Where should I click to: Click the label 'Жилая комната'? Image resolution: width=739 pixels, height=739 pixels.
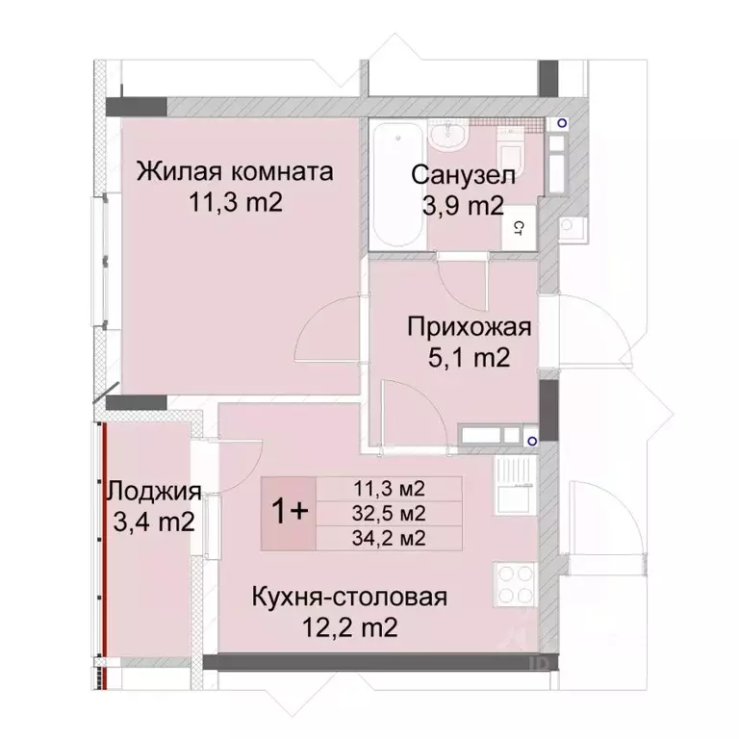(235, 172)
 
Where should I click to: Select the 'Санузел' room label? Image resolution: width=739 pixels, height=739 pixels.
(463, 175)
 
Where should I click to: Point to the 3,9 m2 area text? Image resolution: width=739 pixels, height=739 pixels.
(463, 205)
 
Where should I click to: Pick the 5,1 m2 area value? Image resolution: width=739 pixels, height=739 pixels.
(469, 359)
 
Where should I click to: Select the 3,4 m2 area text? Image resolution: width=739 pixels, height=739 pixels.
(154, 522)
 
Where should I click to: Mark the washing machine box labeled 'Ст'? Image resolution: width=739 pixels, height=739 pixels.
(518, 228)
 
